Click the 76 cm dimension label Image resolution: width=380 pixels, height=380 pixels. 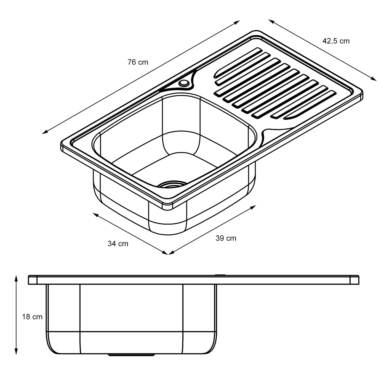[x=138, y=62]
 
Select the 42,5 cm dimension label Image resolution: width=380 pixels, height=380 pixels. [x=336, y=41]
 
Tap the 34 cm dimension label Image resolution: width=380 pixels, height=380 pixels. [x=118, y=244]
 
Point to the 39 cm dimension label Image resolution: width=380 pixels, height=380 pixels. [x=226, y=238]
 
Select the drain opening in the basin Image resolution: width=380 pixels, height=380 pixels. [x=172, y=184]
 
